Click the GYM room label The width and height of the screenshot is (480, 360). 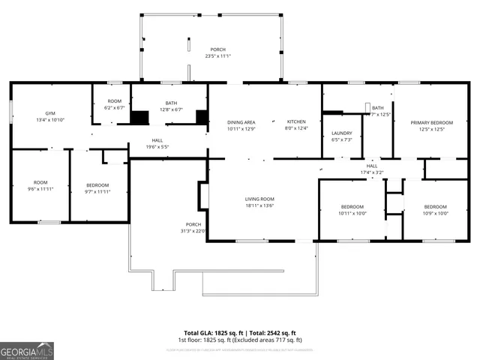pyautogui.click(x=50, y=113)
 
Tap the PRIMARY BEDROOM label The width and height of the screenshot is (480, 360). pyautogui.click(x=427, y=122)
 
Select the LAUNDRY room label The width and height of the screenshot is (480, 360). pyautogui.click(x=342, y=133)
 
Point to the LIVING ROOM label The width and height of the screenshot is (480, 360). pyautogui.click(x=259, y=199)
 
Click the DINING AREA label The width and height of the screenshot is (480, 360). pyautogui.click(x=241, y=121)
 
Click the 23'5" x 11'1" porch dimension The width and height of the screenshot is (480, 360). pyautogui.click(x=218, y=56)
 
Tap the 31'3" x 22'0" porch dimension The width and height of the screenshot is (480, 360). pyautogui.click(x=194, y=231)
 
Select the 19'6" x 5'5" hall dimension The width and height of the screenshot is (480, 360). pyautogui.click(x=157, y=147)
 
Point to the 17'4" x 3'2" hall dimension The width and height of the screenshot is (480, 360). pyautogui.click(x=372, y=173)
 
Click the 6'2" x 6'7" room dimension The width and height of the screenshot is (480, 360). pyautogui.click(x=114, y=108)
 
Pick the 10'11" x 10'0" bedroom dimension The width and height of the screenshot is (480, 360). pyautogui.click(x=352, y=213)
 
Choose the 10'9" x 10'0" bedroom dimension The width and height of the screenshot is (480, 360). pyautogui.click(x=435, y=213)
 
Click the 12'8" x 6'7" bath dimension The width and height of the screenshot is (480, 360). pyautogui.click(x=171, y=110)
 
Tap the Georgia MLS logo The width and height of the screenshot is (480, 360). pyautogui.click(x=27, y=350)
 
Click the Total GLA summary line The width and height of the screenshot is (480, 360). pyautogui.click(x=240, y=332)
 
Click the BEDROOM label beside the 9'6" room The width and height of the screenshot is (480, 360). pyautogui.click(x=97, y=184)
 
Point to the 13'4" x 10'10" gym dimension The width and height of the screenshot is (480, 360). pyautogui.click(x=50, y=120)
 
